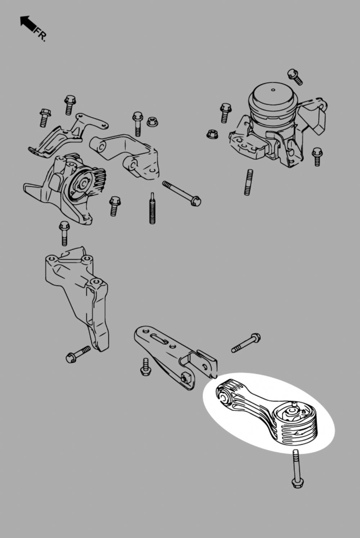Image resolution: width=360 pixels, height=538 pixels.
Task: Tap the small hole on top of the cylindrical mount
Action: point(273,90)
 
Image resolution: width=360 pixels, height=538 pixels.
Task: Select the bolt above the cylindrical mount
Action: point(295,76)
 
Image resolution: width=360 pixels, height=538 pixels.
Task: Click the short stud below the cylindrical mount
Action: point(248,182)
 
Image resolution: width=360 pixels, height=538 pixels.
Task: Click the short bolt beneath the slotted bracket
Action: point(145,367)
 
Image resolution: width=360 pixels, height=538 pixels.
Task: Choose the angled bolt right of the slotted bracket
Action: point(246,343)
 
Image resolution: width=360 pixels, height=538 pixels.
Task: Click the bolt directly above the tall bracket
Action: point(64,233)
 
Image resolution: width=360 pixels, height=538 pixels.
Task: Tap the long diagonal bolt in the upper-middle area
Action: point(181,193)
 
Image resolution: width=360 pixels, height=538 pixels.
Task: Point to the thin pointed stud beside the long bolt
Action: point(152,208)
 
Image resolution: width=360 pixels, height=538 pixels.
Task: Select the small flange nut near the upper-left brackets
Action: point(152,121)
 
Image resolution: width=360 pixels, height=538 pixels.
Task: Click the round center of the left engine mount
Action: point(84,184)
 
